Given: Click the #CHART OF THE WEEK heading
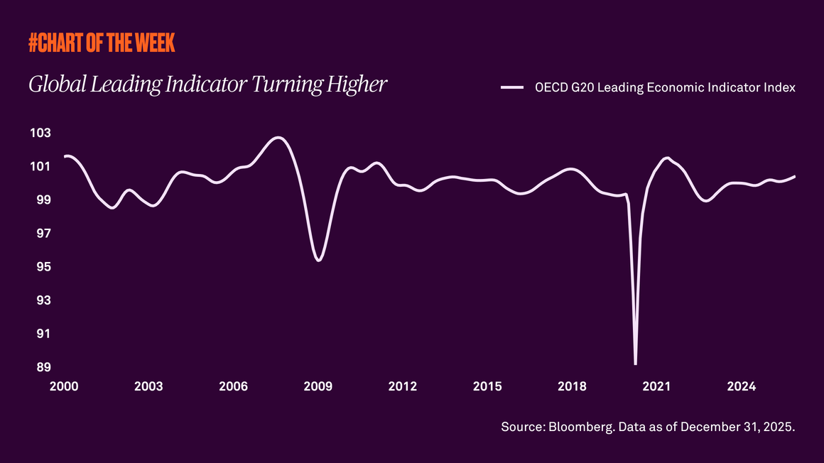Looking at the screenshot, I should [102, 44].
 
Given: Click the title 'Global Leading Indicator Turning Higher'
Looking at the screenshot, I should [207, 85].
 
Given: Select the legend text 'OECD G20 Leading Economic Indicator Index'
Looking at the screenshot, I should [664, 87].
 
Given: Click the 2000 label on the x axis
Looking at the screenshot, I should [64, 386].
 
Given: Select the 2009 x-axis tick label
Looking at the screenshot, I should [318, 386].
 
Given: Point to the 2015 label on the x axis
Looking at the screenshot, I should [487, 386].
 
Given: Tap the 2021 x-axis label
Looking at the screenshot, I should [657, 386].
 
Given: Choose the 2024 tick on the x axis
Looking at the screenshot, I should [742, 386].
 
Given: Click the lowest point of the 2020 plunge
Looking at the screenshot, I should [635, 364].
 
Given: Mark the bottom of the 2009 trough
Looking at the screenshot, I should [318, 260].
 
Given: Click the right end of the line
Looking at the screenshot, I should [794, 176].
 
